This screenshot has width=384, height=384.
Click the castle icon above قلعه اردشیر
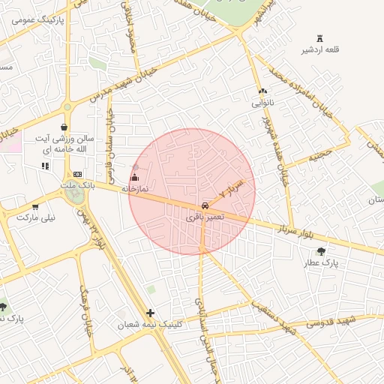(321, 38)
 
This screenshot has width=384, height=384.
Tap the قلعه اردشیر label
(321, 49)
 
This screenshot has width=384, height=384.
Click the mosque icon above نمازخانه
(135, 178)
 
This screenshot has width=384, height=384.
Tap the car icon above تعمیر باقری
(205, 205)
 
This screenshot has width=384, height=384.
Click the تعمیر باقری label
(204, 216)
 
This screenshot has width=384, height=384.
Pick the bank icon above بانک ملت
(77, 174)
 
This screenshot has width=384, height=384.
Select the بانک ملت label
(78, 184)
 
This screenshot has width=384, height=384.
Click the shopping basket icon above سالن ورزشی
(64, 127)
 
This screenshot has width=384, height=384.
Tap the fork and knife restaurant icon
(45, 166)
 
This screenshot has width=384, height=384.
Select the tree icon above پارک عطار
(322, 252)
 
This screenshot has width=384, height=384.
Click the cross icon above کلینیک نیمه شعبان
(151, 313)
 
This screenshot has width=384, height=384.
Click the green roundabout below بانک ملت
(76, 194)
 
